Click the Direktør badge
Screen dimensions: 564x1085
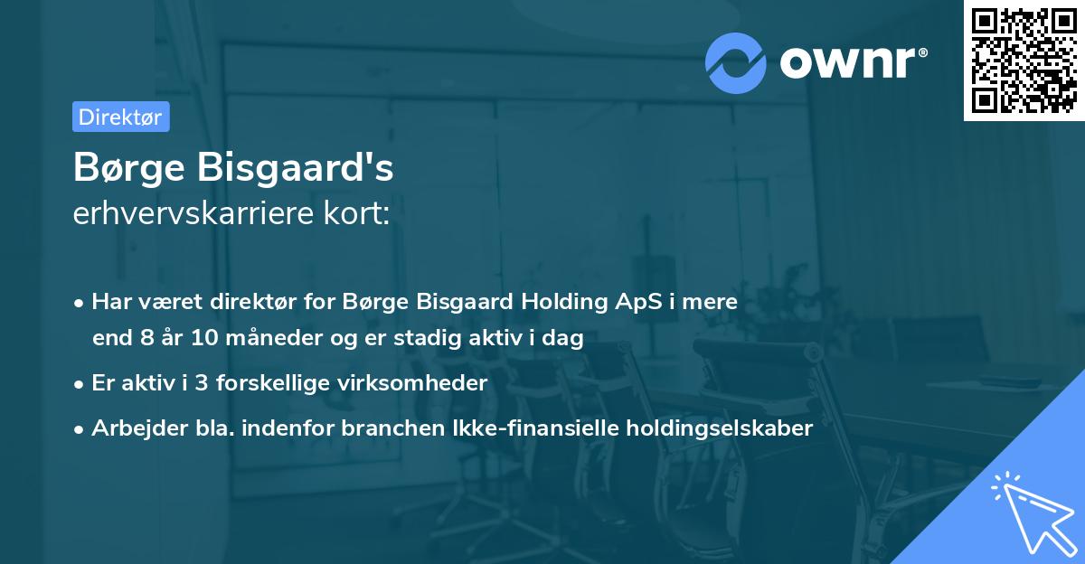click(120, 117)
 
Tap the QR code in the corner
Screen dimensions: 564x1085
click(1024, 60)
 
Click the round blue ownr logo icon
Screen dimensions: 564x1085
click(735, 62)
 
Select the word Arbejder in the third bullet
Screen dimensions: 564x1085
click(133, 428)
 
